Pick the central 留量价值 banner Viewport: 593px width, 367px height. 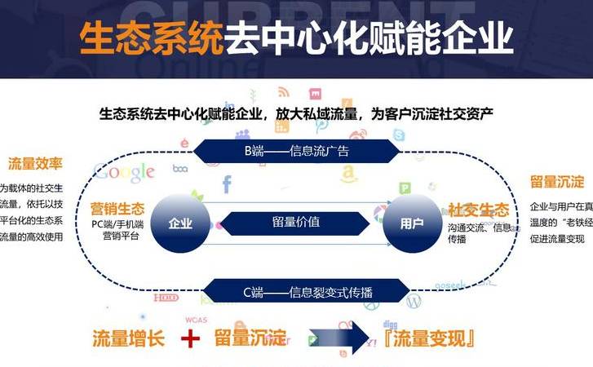(296, 221)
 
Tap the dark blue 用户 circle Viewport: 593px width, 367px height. (412, 222)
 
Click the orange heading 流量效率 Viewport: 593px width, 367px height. (36, 162)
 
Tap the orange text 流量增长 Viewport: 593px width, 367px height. (128, 338)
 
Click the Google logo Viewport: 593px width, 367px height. (124, 171)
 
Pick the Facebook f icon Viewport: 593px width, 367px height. (226, 183)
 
